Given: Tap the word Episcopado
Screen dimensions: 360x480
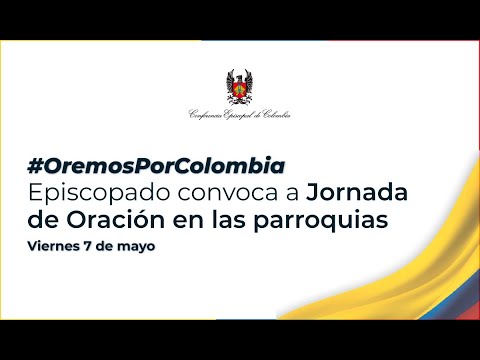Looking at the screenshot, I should (x=94, y=190).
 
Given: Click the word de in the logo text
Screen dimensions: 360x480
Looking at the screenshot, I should (x=259, y=115).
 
